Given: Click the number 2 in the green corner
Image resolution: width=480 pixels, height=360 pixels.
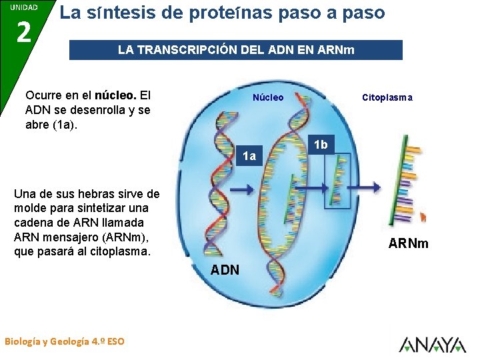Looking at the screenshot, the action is [24, 32].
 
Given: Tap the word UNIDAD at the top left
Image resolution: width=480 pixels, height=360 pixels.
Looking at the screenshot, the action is [23, 7].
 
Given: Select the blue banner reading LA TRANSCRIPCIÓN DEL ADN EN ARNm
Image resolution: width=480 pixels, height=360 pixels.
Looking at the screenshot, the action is [236, 50].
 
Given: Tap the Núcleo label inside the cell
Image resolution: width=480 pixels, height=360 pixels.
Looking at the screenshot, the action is [268, 97].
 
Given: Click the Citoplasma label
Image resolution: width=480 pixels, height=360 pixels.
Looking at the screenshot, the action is [387, 97].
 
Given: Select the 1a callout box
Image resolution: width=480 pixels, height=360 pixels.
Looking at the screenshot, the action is [249, 156].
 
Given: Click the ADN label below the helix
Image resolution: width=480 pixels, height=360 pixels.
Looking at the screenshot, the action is [225, 270].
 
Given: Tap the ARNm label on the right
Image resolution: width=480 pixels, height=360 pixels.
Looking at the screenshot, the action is [408, 244].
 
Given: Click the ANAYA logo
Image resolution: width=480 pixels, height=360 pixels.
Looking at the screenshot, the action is [432, 344].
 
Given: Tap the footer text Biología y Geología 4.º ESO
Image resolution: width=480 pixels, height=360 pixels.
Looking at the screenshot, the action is [64, 341].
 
